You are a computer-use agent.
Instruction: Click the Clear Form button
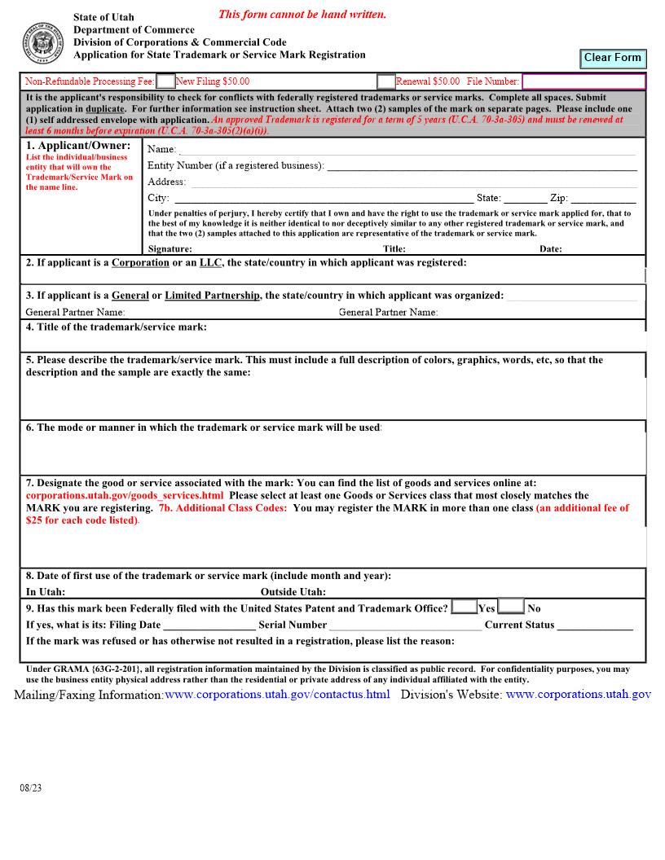pos(612,58)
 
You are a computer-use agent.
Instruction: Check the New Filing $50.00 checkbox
pos(165,81)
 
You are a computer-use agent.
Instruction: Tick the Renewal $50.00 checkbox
pos(385,81)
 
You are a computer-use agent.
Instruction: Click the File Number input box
pos(583,81)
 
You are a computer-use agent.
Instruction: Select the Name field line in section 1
pos(407,149)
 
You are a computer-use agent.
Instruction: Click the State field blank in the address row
pos(525,198)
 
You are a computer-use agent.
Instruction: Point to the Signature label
pos(170,249)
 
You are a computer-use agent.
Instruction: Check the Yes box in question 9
pos(464,607)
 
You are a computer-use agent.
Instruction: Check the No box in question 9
pos(511,607)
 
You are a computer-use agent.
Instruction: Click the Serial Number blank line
pos(405,625)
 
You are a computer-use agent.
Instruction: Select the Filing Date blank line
pos(209,625)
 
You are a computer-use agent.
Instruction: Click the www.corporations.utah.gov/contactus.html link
pos(277,695)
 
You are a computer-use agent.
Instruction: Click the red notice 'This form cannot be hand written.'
pos(302,15)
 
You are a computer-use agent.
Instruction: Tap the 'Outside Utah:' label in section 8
pos(293,592)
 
